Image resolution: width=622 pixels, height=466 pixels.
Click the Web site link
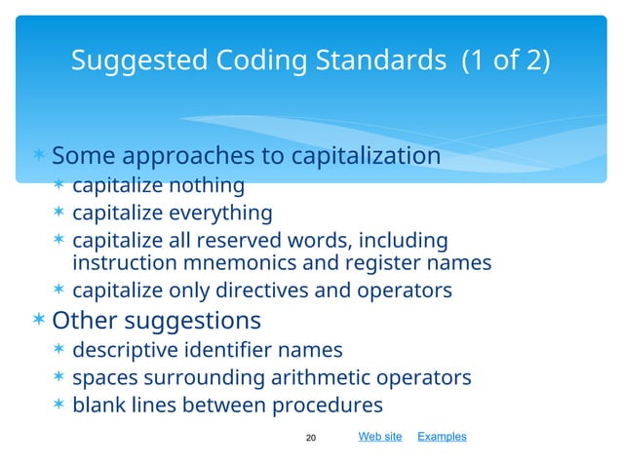380,437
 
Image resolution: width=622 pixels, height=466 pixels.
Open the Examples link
442,437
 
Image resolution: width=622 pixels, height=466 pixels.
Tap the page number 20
312,438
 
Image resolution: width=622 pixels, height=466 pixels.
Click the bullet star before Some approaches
38,157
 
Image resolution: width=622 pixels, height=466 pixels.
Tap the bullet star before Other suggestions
38,321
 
